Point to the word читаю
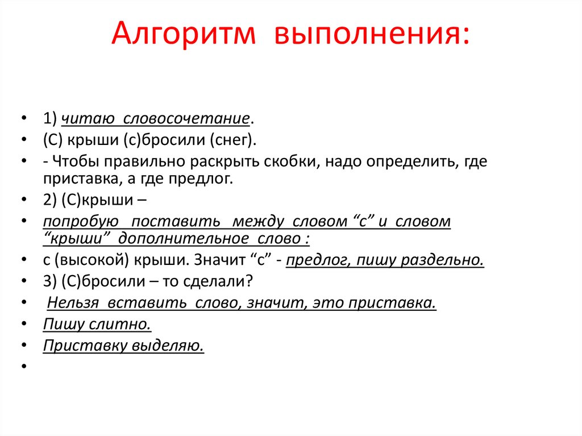coord(87,119)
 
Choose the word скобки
coord(293,161)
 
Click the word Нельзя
coord(72,302)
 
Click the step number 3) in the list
coord(48,281)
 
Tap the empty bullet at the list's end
coord(24,367)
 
